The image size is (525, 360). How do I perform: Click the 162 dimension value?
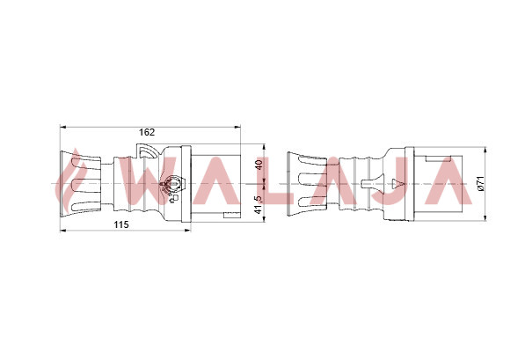point(147,132)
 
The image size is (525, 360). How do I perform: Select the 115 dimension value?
point(120,224)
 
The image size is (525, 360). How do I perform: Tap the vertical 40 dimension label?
point(259,165)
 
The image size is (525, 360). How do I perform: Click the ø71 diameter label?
point(480,183)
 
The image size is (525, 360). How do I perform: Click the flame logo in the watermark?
point(69,180)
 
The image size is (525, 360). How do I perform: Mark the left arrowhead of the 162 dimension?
point(62,127)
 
